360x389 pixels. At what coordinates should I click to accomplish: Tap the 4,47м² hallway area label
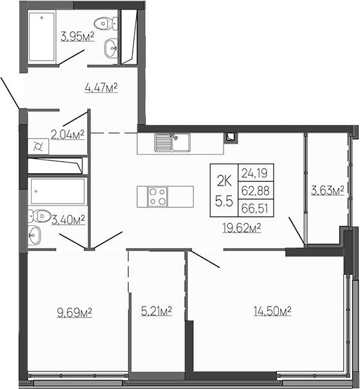point(102,88)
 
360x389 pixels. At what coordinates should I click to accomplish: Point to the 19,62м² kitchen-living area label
point(242,227)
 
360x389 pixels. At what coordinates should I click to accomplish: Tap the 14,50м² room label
point(273,312)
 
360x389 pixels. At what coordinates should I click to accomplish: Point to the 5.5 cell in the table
point(224,200)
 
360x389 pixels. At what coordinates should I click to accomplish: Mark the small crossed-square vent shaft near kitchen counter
point(230,137)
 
